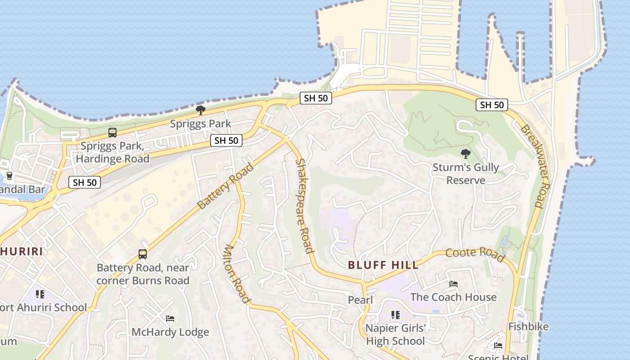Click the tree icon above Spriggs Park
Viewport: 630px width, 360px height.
click(201, 110)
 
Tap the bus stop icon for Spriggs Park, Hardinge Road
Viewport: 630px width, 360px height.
click(112, 133)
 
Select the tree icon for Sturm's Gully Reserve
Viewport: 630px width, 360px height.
click(465, 154)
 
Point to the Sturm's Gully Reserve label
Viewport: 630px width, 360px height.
click(465, 174)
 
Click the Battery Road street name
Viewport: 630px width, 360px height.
click(225, 186)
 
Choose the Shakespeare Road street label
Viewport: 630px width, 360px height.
click(304, 206)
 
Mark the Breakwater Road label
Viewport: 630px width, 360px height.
click(535, 166)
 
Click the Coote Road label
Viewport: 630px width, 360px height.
click(475, 254)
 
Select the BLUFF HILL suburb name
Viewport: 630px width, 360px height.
click(383, 265)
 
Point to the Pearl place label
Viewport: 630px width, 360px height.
click(360, 300)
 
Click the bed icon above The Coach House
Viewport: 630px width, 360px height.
click(454, 284)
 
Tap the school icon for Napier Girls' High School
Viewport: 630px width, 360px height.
click(395, 315)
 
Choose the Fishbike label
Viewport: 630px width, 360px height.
click(528, 326)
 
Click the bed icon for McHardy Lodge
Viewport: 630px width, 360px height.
click(170, 319)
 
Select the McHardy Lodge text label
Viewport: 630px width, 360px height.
click(170, 332)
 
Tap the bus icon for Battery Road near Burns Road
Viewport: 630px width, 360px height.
click(143, 254)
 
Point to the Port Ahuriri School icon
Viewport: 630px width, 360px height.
click(40, 294)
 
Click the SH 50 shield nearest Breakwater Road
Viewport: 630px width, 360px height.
click(492, 105)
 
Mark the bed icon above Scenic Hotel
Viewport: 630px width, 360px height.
click(498, 346)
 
